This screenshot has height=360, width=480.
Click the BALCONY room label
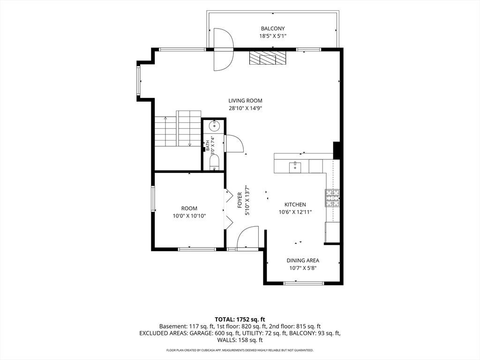[273, 29]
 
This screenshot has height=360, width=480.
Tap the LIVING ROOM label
[246, 100]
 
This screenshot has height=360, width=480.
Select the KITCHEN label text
[295, 204]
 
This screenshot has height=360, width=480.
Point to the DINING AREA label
[303, 261]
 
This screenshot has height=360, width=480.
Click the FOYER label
[240, 200]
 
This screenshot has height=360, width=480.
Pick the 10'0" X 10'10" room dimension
[189, 216]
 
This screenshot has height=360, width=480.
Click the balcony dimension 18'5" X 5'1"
[273, 36]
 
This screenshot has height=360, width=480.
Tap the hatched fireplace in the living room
[268, 58]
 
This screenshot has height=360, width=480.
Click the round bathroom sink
[214, 126]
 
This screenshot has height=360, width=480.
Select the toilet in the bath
[214, 162]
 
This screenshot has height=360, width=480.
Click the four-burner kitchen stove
[332, 198]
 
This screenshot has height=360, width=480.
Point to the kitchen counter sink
[295, 167]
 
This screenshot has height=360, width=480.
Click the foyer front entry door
[247, 238]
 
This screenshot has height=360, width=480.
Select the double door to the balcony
[224, 49]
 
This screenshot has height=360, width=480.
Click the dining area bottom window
[304, 283]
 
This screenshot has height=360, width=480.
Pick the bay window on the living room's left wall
[138, 81]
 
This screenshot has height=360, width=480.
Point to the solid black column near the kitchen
[337, 150]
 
